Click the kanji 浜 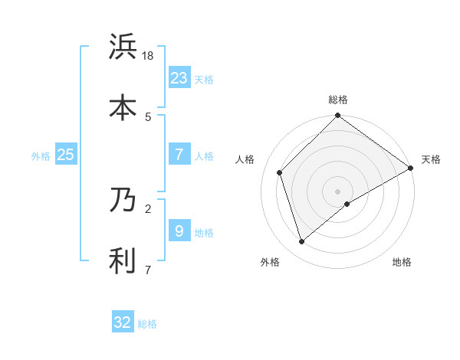(x=123, y=47)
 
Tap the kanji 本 (x=123, y=107)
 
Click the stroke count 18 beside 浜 (x=149, y=56)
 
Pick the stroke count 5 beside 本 (x=148, y=116)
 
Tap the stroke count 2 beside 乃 (x=148, y=208)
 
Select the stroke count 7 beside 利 (x=148, y=270)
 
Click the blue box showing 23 (x=179, y=77)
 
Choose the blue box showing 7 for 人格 (x=179, y=155)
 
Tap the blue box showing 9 (x=179, y=231)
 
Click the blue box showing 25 (x=66, y=155)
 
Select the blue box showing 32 (x=123, y=322)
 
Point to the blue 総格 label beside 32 (x=148, y=324)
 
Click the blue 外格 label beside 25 (x=41, y=156)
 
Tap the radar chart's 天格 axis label (x=431, y=159)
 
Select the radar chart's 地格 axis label (x=402, y=263)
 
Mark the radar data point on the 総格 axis (x=337, y=116)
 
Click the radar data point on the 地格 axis (x=347, y=204)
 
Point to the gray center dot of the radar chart (x=337, y=191)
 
